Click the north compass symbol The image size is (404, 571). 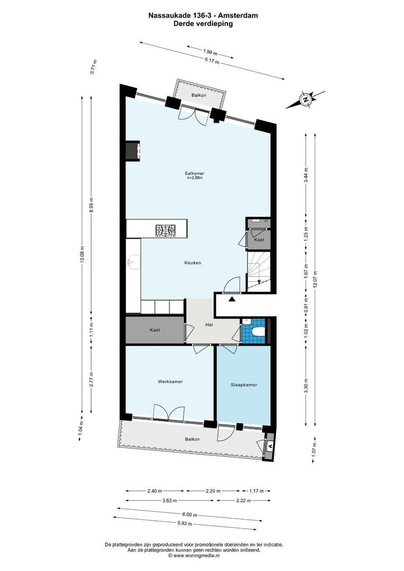305,99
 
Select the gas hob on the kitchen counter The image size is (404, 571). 166,230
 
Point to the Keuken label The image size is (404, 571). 192,263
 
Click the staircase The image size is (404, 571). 259,271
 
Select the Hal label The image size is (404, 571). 209,325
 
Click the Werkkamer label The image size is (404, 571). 170,382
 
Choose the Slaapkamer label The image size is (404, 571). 244,384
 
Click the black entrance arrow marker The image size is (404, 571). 232,299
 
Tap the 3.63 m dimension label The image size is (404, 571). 170,500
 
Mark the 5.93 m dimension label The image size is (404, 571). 185,523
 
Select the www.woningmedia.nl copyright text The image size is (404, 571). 194,556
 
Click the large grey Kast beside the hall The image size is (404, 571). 155,330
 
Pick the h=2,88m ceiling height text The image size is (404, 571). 195,178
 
